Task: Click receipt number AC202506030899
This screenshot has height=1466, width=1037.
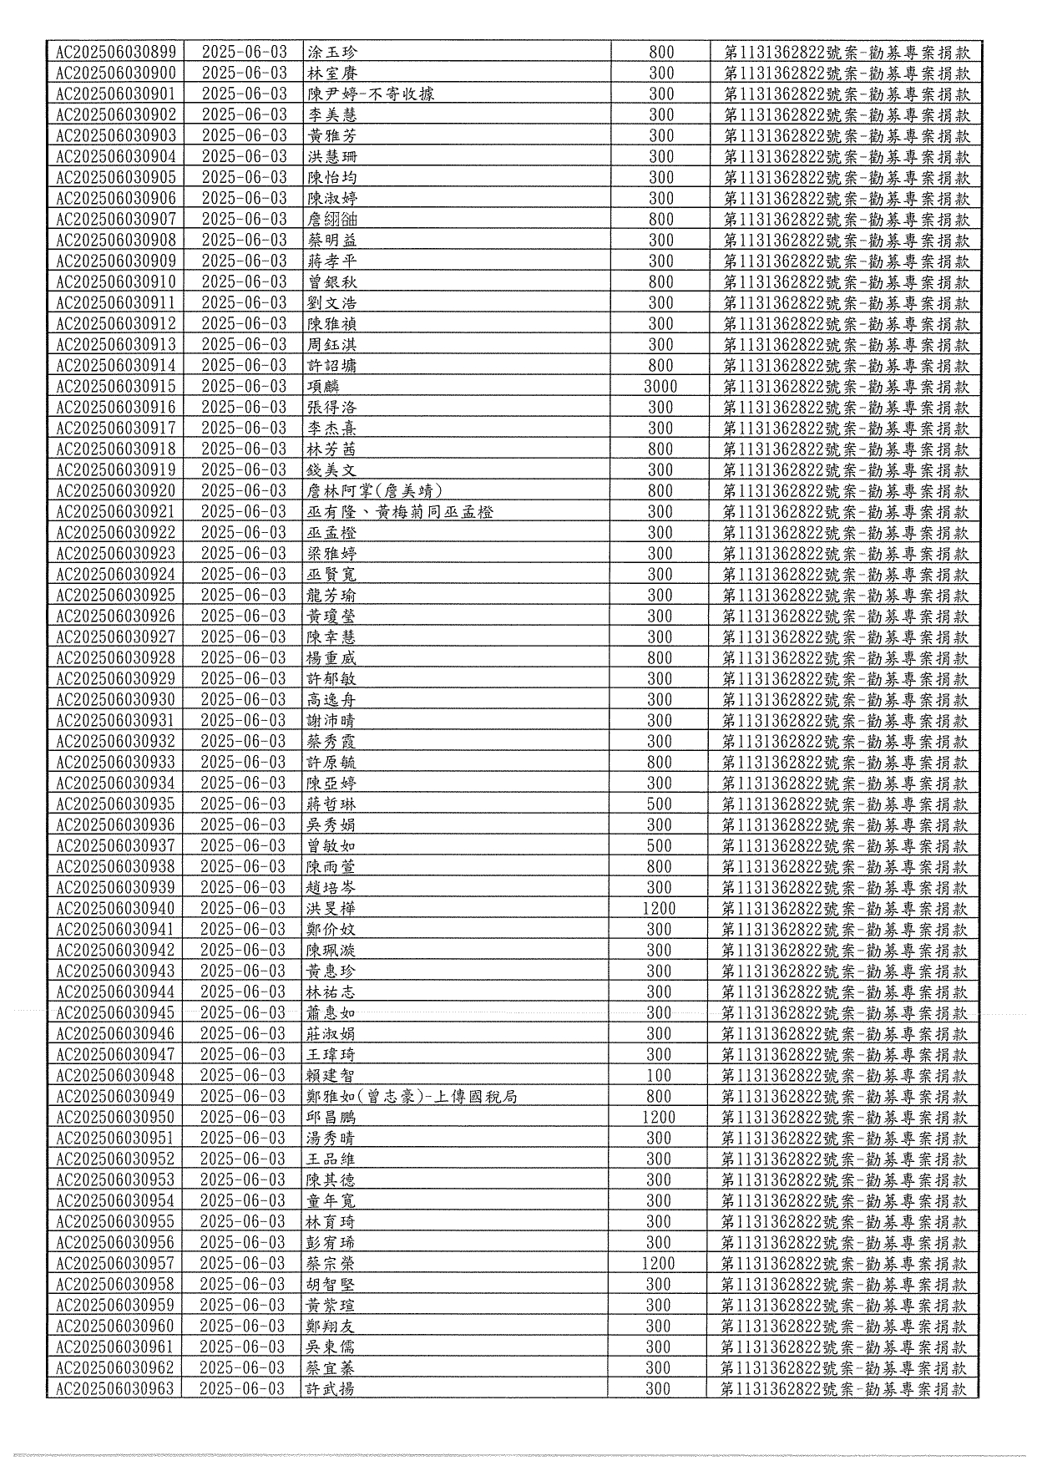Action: tap(115, 52)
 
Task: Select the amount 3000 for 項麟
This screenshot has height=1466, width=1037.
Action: tap(660, 386)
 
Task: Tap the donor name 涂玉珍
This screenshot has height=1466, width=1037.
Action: tap(332, 52)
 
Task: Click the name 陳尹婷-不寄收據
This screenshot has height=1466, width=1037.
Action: tap(371, 94)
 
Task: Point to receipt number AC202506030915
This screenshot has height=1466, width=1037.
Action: tap(115, 386)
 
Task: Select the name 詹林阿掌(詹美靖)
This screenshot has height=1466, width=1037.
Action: tap(375, 490)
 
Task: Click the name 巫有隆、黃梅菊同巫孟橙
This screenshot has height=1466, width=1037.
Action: tap(400, 511)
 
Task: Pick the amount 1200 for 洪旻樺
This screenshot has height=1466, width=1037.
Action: tap(659, 908)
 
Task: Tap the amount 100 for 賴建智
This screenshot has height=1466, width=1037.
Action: tap(659, 1075)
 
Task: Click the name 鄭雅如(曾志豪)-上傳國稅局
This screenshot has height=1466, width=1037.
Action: tap(412, 1096)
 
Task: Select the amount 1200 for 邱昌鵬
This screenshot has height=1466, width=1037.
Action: tap(659, 1117)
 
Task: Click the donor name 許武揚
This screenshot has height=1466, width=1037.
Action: tap(331, 1388)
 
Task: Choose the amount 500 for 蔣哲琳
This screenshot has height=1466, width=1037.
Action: tap(660, 804)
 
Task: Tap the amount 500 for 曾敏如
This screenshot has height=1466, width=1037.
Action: tap(660, 845)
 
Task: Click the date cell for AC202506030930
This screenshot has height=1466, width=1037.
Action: tap(243, 699)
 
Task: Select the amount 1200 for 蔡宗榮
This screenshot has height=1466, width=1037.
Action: tap(658, 1263)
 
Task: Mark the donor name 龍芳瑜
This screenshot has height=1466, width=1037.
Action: tap(331, 595)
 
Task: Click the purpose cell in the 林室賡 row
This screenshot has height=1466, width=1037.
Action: tap(846, 73)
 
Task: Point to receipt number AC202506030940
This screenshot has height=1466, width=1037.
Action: tap(115, 908)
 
